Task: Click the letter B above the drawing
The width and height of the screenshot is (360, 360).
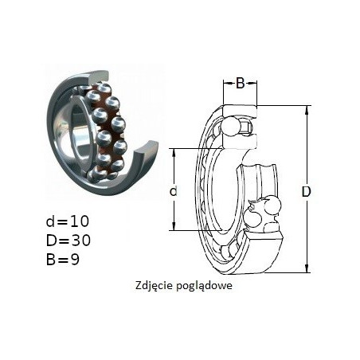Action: click(240, 84)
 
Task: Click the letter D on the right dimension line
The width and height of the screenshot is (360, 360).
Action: click(306, 191)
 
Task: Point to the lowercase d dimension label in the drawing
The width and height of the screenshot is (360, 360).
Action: click(173, 191)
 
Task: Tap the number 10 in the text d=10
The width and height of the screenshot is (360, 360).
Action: click(80, 221)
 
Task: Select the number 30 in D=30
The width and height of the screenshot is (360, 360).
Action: click(80, 240)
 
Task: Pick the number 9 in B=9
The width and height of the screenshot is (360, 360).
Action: click(75, 259)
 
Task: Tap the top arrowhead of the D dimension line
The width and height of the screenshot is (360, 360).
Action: click(307, 109)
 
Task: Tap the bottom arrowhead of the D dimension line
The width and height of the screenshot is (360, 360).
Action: click(307, 268)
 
